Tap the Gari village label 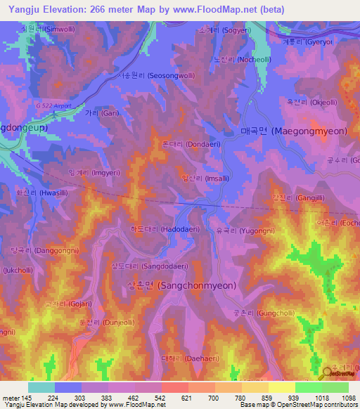coord(103,113)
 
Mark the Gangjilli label coord(294,199)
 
